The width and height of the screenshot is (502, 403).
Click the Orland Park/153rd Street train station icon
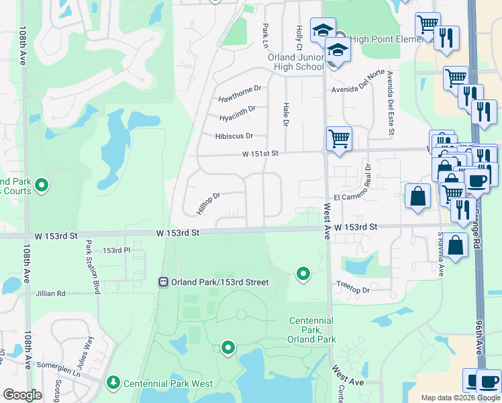(x=163, y=282)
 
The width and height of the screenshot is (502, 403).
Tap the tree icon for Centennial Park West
(x=113, y=384)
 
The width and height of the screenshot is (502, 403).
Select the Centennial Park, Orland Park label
(x=312, y=330)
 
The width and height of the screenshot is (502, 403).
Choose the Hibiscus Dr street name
(x=234, y=136)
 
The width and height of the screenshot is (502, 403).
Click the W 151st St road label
(x=260, y=154)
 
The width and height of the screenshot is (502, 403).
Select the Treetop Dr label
(x=353, y=290)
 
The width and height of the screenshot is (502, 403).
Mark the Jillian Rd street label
(x=51, y=294)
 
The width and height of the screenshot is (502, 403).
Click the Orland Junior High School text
(x=295, y=62)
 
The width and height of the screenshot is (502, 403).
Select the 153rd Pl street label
(x=115, y=251)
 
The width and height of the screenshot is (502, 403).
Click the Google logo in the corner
(x=22, y=395)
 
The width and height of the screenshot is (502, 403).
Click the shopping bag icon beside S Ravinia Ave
(x=456, y=246)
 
